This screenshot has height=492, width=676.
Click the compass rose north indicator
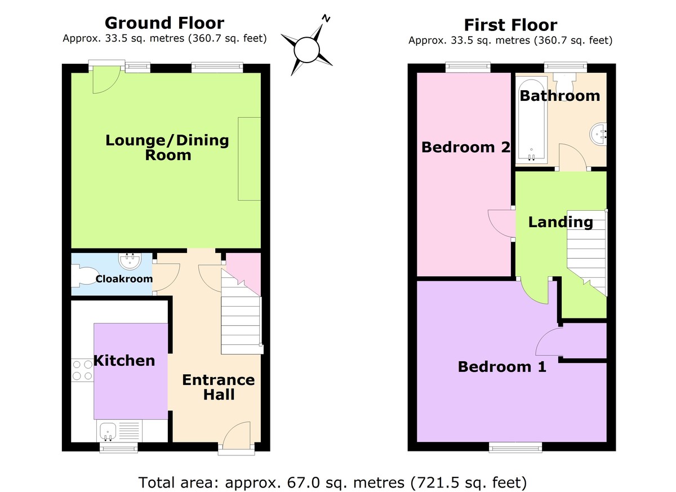(325, 19)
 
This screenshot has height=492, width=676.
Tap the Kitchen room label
(124, 361)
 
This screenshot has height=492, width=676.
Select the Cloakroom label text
(124, 279)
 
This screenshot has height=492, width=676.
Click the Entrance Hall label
(218, 387)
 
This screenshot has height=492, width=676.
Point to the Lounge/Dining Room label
(167, 147)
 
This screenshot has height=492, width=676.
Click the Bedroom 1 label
(501, 367)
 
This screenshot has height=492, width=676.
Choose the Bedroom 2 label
(466, 148)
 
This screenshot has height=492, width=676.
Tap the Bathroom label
(559, 96)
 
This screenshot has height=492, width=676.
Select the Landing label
(560, 222)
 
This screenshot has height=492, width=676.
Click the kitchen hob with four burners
(82, 370)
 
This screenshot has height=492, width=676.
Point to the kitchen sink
(107, 432)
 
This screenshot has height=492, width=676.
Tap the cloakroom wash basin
(130, 261)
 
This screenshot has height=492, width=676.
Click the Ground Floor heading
(164, 23)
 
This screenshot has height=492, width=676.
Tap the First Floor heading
(510, 25)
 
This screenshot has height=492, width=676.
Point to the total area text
(332, 482)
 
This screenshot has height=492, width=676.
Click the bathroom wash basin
(598, 134)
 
